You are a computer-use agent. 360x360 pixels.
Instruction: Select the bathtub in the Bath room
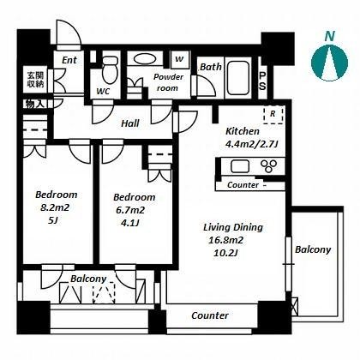coord(238,77)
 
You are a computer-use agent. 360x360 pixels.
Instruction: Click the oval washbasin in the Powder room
coord(145,59)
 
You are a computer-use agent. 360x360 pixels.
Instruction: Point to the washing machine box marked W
coord(179,59)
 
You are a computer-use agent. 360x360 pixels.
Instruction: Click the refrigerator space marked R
coord(273,114)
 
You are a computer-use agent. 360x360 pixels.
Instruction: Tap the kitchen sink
coord(240,166)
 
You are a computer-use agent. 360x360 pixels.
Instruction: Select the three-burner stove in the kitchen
coord(268,166)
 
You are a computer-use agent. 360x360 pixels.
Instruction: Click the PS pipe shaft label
coord(262,81)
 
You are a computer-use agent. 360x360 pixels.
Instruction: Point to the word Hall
coord(130,123)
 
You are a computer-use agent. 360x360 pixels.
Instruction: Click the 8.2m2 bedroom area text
coord(55,207)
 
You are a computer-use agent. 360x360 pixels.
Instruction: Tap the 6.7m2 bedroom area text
coord(130,210)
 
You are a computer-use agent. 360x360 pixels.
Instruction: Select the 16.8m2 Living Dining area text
coord(225,240)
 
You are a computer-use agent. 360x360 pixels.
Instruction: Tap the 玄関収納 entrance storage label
coord(35,80)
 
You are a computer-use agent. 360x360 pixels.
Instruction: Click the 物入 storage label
coord(35,104)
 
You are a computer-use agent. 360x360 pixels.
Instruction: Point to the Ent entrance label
coord(69,60)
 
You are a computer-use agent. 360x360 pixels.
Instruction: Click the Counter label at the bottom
coord(210,315)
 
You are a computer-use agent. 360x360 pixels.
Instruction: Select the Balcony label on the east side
coord(313,249)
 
